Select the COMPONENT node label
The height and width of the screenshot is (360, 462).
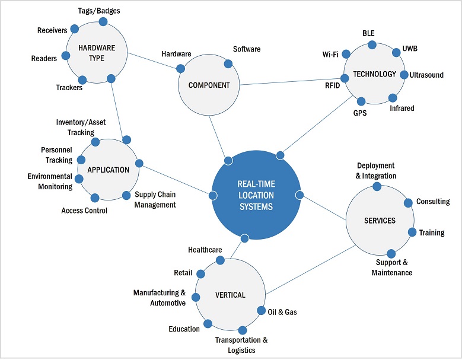coord(209,85)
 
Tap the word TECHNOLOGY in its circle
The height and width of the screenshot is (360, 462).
coord(374,74)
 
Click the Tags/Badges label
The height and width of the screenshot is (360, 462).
coord(99,11)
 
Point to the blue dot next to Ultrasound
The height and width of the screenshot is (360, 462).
coord(404,75)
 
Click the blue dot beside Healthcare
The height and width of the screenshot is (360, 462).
coord(220,260)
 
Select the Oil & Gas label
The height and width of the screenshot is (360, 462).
coord(282,312)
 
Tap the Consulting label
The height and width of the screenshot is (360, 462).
coord(433,202)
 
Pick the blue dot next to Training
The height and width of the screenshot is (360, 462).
coord(412,232)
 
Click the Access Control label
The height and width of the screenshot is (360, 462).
coord(84,211)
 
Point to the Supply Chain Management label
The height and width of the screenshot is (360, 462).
coord(155,200)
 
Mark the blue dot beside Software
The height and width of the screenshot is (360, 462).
coord(228,63)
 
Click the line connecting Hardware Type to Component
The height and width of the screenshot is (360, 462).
coord(153,60)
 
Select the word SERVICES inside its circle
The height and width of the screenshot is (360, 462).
coord(380,221)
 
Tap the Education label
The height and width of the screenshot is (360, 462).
coord(184,329)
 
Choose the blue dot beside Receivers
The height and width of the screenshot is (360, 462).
coord(74,28)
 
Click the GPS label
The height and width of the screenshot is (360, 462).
coord(360,113)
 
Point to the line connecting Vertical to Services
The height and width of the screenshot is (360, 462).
coord(308,270)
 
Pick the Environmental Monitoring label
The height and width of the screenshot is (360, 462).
coord(50,181)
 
